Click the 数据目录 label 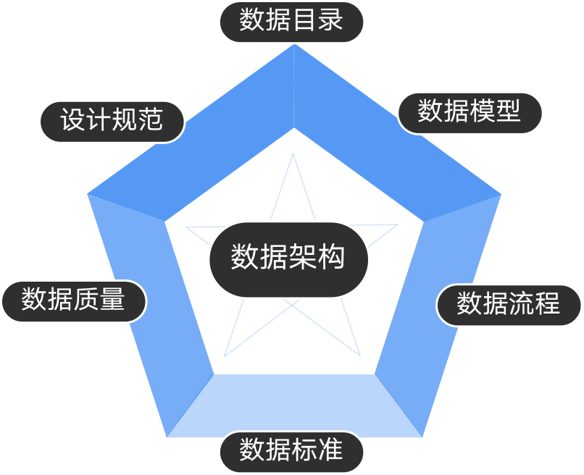(291, 22)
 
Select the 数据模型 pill (470, 112)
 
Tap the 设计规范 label (112, 121)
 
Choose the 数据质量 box (73, 300)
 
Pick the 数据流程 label (509, 305)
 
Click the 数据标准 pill (291, 452)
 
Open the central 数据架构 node (288, 258)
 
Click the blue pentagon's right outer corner (501, 194)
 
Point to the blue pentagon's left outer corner (87, 194)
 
